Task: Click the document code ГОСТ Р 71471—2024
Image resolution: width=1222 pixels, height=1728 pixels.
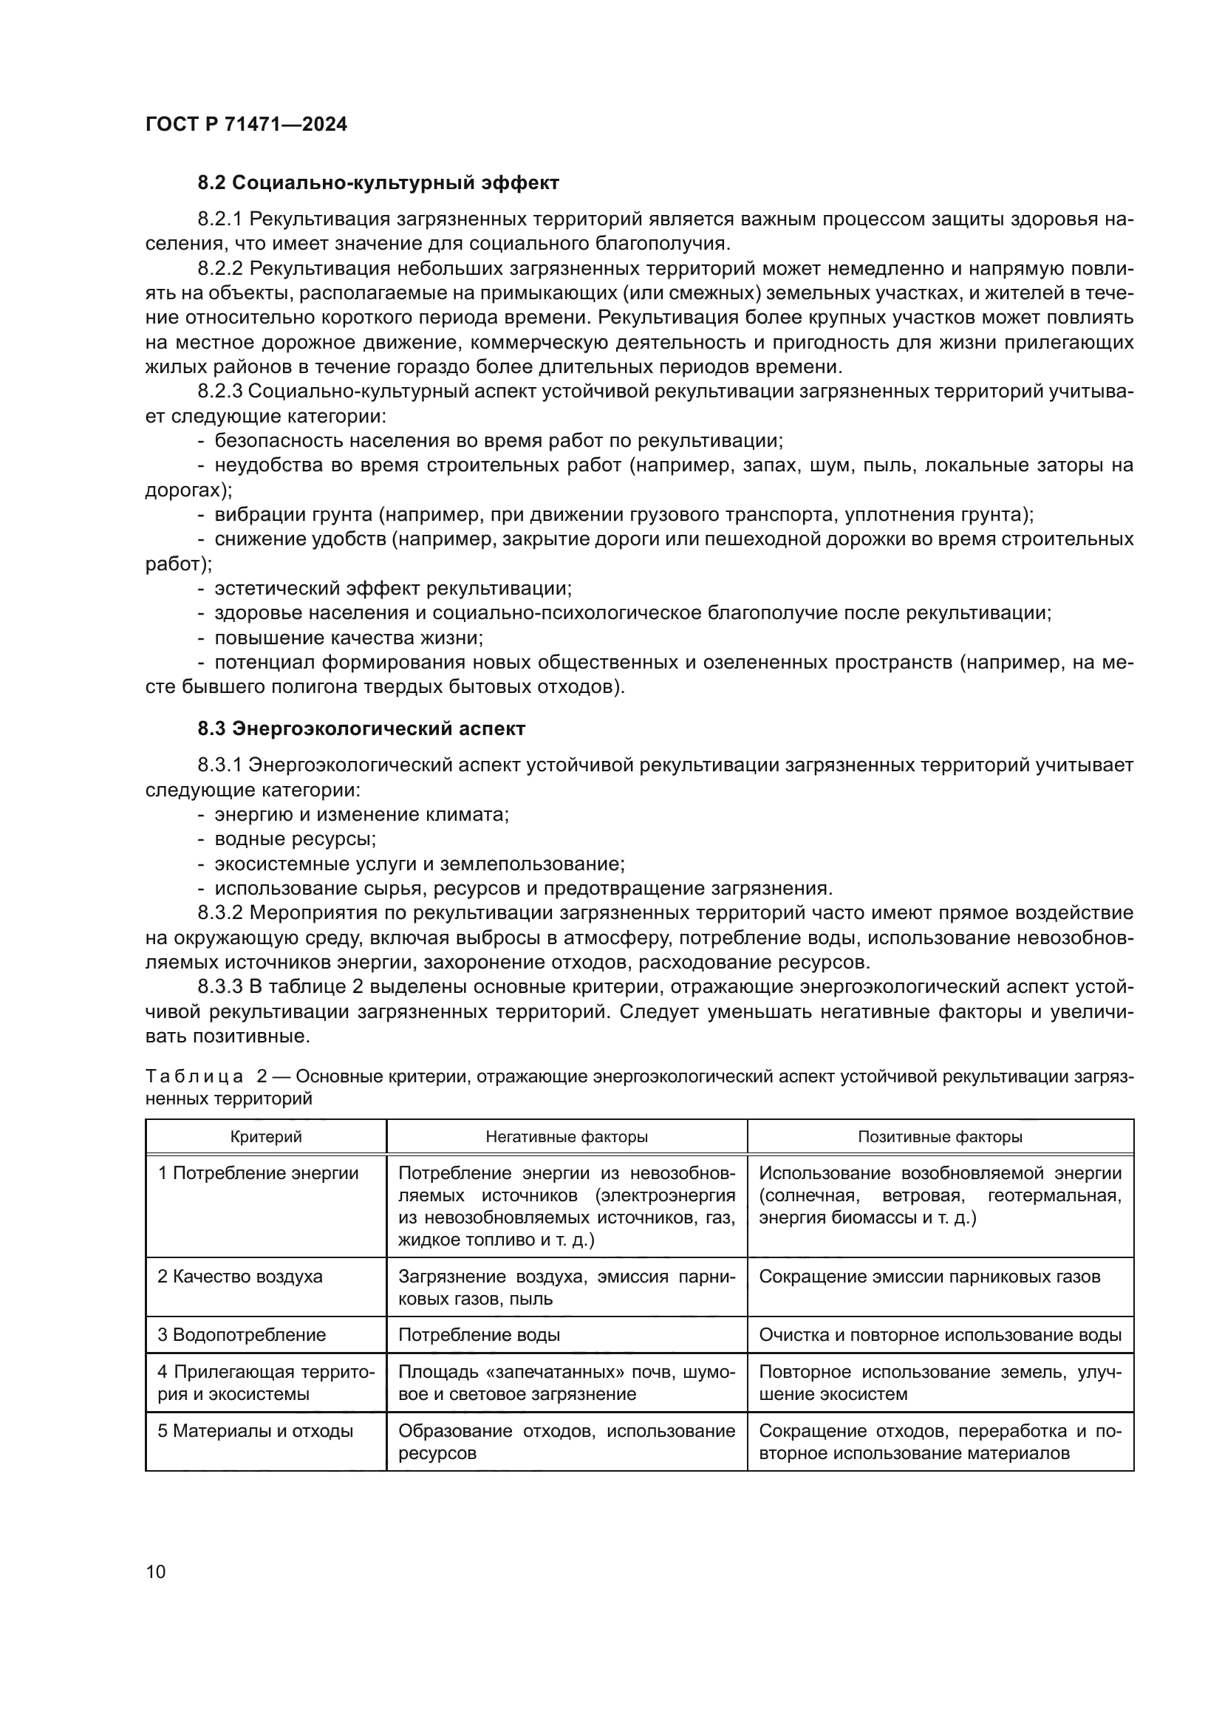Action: (x=246, y=124)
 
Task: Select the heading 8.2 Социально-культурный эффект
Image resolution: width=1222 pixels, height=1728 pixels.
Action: (x=378, y=183)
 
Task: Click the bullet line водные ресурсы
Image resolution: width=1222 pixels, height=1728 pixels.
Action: (x=295, y=839)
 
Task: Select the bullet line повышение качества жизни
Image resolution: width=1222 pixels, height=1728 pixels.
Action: (x=349, y=638)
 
